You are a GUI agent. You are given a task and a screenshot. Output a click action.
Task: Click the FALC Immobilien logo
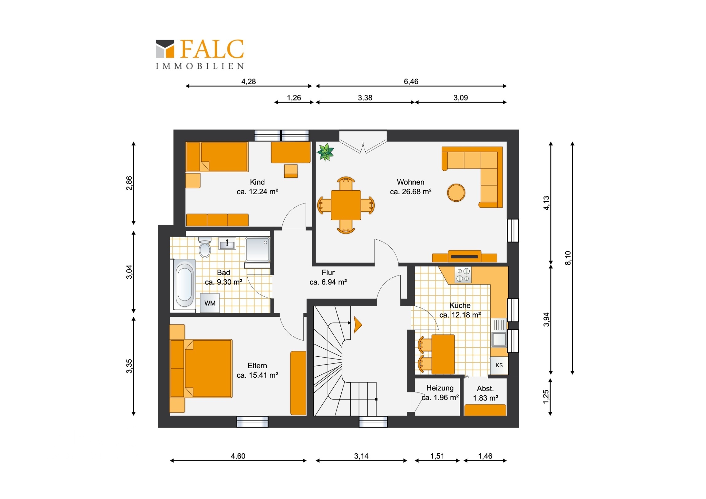200,54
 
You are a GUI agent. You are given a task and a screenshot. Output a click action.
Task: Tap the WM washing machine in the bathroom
210,303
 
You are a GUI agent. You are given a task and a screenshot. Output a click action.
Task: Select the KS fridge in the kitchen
499,365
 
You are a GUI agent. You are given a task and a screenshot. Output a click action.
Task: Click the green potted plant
326,152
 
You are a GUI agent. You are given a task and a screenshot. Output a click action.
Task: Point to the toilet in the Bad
204,247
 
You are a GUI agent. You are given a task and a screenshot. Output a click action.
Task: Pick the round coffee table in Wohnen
456,193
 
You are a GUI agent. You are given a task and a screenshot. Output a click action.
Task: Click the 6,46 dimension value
411,81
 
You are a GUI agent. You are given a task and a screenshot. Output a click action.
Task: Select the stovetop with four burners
463,275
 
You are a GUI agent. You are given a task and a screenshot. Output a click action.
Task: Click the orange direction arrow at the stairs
358,325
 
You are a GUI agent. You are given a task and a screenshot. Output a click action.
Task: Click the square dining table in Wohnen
346,205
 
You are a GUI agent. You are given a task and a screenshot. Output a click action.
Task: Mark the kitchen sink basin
499,339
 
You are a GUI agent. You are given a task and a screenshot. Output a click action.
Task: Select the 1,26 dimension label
294,98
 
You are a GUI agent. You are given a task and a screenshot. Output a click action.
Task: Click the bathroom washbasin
227,244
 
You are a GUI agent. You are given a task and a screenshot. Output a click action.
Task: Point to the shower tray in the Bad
257,249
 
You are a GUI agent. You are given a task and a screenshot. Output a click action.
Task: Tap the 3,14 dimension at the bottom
361,456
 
